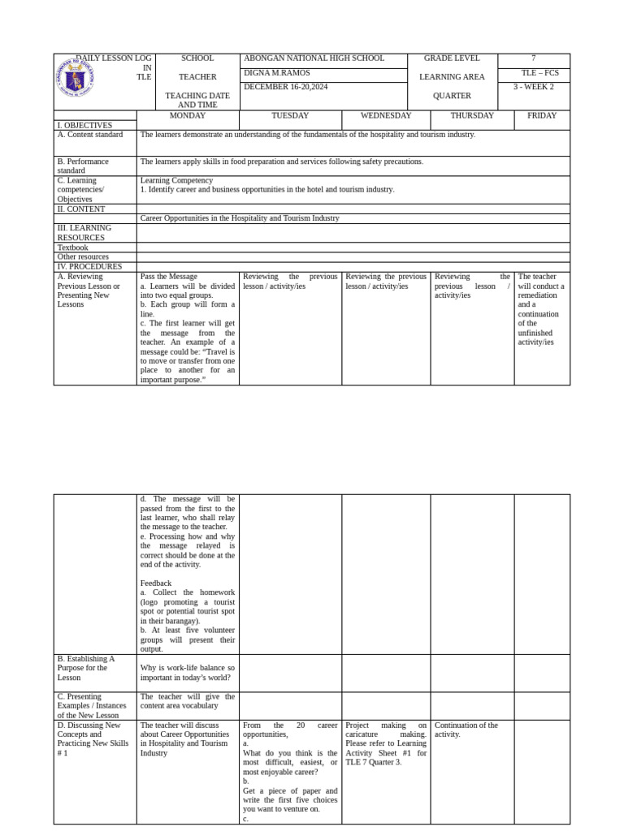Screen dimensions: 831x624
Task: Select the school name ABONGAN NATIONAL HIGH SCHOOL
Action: pos(314,58)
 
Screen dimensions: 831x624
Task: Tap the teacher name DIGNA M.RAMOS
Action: pos(277,73)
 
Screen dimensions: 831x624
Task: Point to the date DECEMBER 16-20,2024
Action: pos(286,87)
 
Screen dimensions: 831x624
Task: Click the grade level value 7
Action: pos(533,58)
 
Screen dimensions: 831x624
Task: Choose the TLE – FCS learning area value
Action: pos(539,73)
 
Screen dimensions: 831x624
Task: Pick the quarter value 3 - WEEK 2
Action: pos(534,87)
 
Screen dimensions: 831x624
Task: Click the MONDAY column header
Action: pos(188,115)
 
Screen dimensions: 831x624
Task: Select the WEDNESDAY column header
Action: pos(386,115)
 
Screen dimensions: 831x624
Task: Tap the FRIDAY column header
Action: pos(542,115)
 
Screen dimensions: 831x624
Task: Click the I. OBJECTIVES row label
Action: pos(84,126)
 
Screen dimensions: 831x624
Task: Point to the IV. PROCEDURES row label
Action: pos(89,266)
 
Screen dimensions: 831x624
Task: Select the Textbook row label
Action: pos(73,248)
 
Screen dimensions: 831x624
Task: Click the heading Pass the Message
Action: pos(169,277)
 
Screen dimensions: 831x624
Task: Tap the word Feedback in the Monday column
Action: pos(156,583)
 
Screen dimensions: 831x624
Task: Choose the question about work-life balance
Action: pos(188,673)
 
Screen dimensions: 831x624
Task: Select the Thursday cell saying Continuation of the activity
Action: pos(466,730)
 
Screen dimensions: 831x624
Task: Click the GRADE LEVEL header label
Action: pos(452,58)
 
